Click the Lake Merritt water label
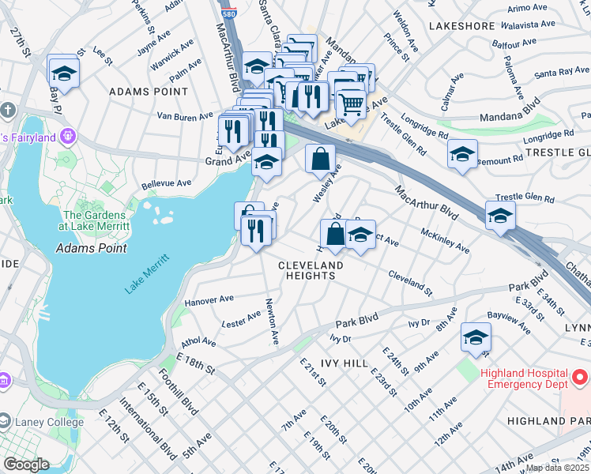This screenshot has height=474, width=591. (x=147, y=274)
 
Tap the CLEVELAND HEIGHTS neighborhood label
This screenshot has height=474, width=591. (x=311, y=270)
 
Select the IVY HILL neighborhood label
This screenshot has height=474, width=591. (x=344, y=363)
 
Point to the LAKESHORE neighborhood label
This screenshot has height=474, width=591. (x=461, y=26)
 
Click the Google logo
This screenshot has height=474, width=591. (x=26, y=465)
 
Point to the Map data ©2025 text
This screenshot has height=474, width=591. (x=557, y=468)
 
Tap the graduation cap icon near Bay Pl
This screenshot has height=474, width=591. (x=63, y=74)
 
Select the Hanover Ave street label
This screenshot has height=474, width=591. (x=209, y=300)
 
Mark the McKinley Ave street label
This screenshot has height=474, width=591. (x=445, y=242)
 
